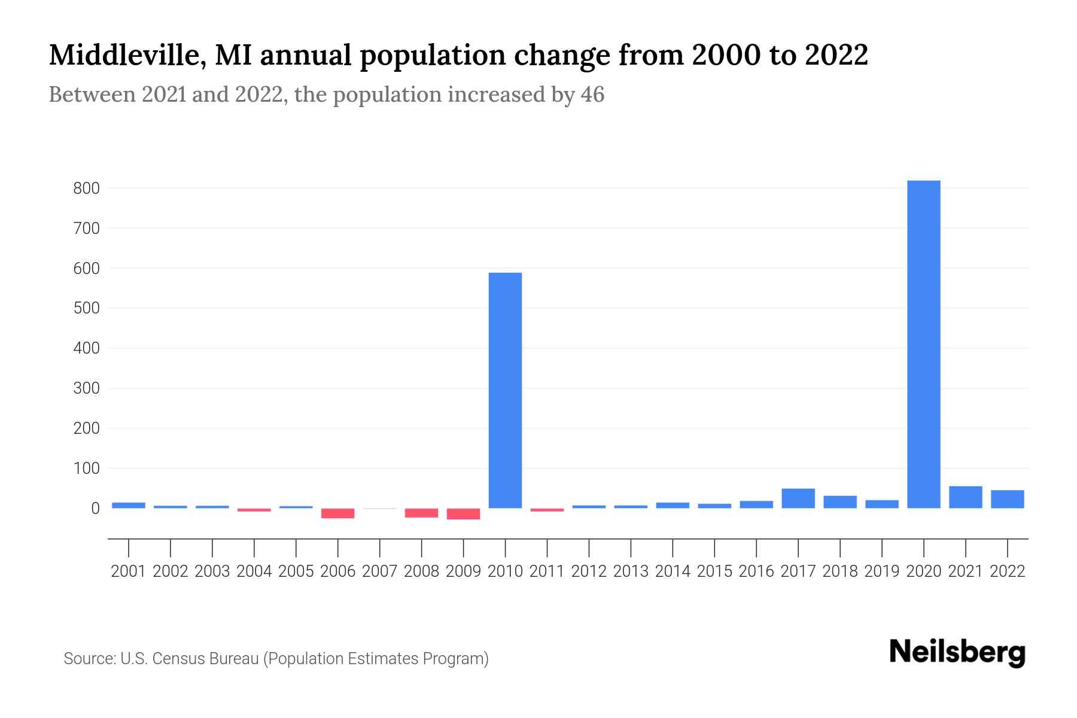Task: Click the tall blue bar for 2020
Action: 923,344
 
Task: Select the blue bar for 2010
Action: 505,390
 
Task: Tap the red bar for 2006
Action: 337,513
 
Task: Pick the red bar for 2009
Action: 463,514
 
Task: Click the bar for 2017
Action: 798,498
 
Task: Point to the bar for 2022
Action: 1007,499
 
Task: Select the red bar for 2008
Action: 421,513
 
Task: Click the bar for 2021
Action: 965,497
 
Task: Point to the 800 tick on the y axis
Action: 86,188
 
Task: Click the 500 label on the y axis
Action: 86,309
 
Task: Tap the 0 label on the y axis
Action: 95,509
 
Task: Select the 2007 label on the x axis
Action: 379,571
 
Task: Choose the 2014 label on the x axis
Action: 673,571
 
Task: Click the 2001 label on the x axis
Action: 129,571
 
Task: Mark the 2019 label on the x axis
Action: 881,571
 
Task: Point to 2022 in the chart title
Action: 836,56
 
